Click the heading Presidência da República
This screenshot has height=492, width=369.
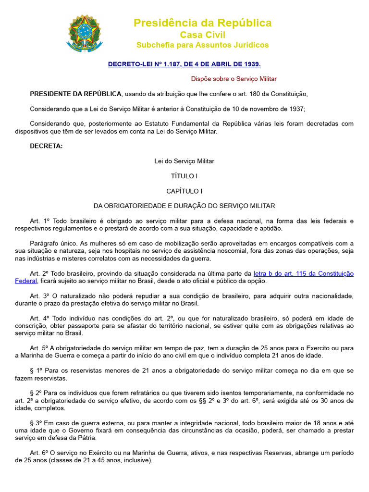[202, 23]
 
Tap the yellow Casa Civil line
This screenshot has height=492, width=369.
[202, 35]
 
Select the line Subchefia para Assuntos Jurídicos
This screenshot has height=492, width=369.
[202, 45]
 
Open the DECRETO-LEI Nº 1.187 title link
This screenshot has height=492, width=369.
[184, 63]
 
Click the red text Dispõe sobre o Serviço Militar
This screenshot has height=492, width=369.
[234, 78]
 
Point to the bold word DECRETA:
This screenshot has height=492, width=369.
[46, 146]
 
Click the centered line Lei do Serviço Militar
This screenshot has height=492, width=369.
[184, 161]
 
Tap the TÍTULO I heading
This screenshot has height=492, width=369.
[184, 176]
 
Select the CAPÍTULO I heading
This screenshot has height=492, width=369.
[184, 191]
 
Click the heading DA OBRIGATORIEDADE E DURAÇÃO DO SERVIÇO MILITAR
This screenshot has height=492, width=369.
[184, 206]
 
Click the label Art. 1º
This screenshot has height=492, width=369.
[39, 221]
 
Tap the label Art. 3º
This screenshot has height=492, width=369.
[39, 296]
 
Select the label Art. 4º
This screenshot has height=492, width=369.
[39, 318]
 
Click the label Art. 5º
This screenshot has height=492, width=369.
[39, 348]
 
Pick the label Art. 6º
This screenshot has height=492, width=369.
[39, 453]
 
